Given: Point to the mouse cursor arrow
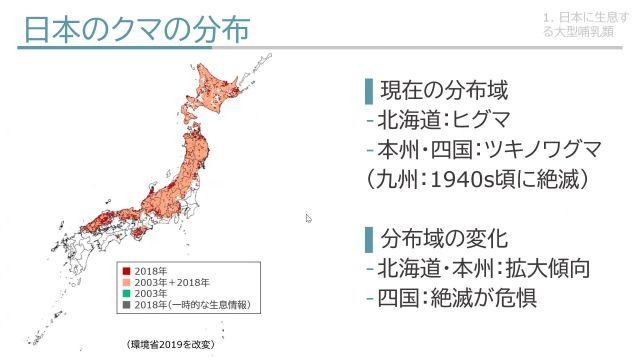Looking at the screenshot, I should pyautogui.click(x=309, y=218).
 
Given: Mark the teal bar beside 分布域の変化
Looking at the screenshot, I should pyautogui.click(x=368, y=240).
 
